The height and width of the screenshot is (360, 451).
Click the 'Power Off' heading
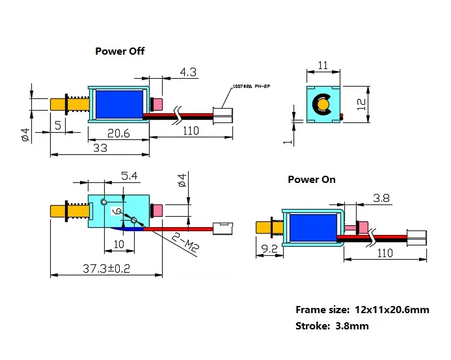click(120, 51)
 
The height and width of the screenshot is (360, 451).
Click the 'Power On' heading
click(312, 179)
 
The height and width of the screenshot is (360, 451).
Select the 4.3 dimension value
click(189, 73)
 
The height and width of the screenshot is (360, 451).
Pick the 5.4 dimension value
click(130, 176)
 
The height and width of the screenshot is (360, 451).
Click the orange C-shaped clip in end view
click(321, 104)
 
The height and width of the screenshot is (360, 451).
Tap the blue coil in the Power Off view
click(120, 103)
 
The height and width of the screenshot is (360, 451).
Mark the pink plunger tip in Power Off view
click(156, 104)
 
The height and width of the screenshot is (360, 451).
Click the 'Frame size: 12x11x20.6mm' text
click(362, 310)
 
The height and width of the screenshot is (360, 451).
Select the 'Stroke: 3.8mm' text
click(332, 326)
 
